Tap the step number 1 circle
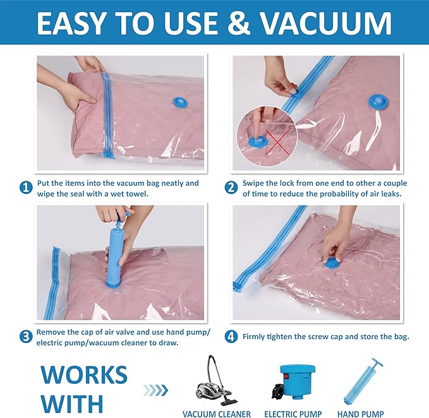tap(26, 188)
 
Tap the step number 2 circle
tap(231, 188)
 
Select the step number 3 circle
tap(26, 336)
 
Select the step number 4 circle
tap(231, 337)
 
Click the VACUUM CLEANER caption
tap(216, 414)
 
